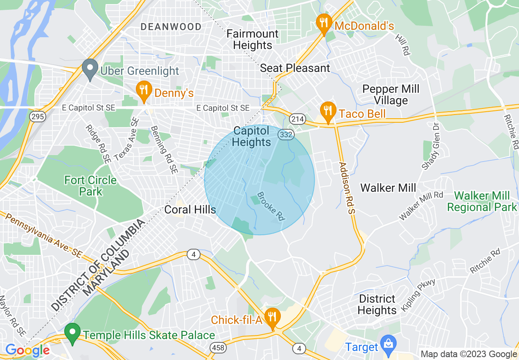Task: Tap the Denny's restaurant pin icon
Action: click(x=143, y=91)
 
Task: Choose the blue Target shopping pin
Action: click(x=388, y=345)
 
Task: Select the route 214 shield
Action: click(x=297, y=119)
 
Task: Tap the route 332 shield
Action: click(x=286, y=135)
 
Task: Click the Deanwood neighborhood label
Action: click(x=171, y=27)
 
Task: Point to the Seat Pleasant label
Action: click(x=295, y=68)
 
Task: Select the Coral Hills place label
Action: click(x=190, y=210)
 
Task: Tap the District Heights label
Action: click(x=377, y=304)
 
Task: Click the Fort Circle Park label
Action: click(x=90, y=186)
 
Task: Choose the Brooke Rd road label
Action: click(x=271, y=207)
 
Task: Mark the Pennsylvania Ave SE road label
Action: click(x=43, y=235)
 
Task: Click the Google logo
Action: click(x=27, y=350)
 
